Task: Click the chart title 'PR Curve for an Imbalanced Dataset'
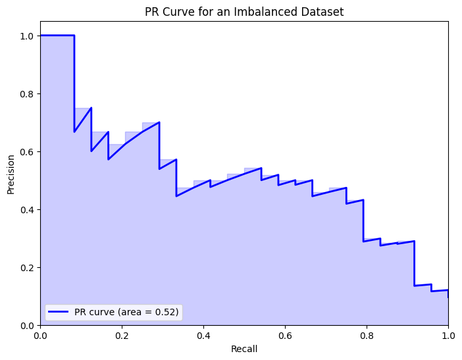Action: [244, 11]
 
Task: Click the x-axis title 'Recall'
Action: [244, 349]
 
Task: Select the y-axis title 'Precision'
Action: [11, 173]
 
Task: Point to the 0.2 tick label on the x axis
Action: [122, 336]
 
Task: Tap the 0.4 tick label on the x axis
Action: [203, 336]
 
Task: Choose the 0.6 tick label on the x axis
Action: [285, 336]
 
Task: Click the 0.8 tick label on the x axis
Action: [367, 336]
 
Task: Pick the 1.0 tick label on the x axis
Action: [448, 336]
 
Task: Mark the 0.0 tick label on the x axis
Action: [40, 336]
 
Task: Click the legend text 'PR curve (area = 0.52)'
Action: [126, 311]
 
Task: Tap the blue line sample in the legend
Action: [59, 311]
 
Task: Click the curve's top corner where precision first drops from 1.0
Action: [74, 36]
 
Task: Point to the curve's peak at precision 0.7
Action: [159, 122]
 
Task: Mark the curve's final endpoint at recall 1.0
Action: [448, 297]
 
